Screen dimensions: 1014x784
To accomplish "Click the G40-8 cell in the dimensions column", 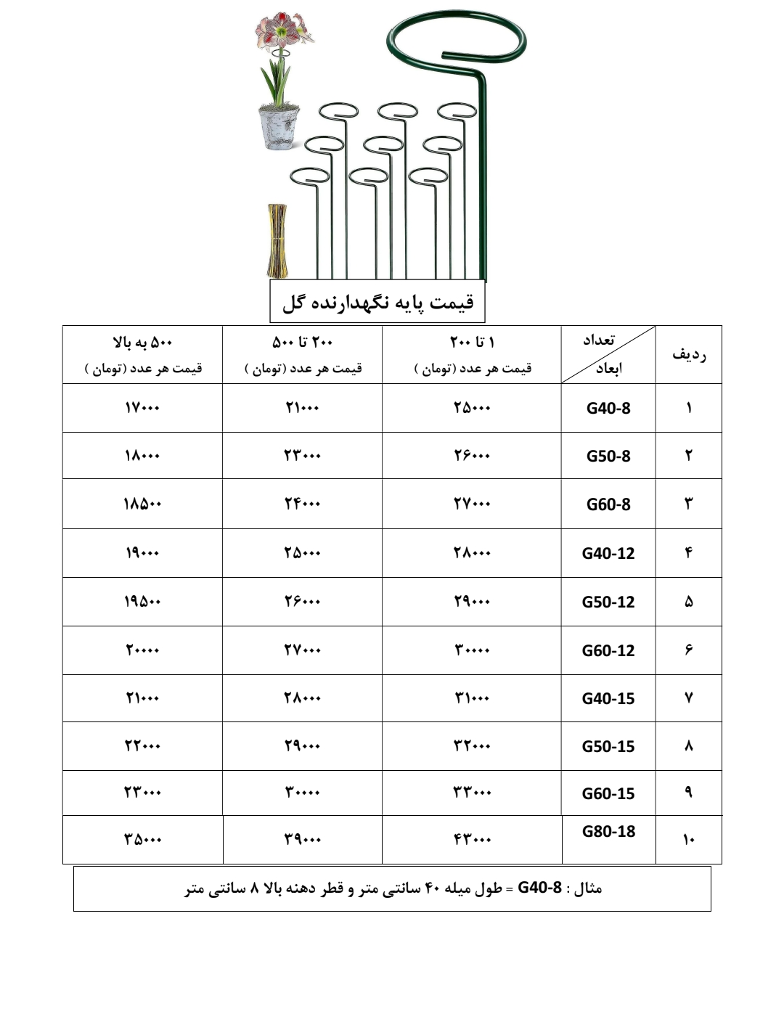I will pos(608,408).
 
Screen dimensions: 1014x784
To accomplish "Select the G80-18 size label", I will pos(608,831).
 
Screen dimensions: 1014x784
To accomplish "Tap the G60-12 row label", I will pos(608,650).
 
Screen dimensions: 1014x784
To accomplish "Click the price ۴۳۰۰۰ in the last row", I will pos(472,840).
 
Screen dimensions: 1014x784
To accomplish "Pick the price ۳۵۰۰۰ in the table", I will pos(142,840).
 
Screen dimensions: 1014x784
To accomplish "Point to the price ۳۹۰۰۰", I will pos(302,840).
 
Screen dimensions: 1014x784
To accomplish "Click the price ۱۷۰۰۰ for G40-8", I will pos(142,408).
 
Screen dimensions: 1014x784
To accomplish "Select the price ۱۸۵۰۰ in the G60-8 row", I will pos(142,504).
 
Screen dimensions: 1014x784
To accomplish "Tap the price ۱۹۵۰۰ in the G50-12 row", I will pos(142,602).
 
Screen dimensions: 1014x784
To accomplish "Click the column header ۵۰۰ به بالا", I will pos(142,342).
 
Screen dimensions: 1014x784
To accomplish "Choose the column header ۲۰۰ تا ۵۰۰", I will pos(302,342).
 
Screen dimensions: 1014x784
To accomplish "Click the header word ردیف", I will pos(688,354).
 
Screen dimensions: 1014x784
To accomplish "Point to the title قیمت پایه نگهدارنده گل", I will pos(377,302).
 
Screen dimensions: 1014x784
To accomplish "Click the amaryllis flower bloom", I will pos(279,33).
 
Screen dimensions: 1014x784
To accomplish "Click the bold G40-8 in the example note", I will pos(539,888).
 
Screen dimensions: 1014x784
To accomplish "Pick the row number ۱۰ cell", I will pos(688,840).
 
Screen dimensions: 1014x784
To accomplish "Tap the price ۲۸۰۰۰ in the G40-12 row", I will pos(472,553).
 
